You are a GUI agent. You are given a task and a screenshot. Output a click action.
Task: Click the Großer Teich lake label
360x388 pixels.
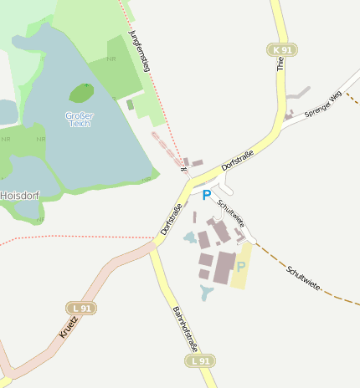coord(80,119)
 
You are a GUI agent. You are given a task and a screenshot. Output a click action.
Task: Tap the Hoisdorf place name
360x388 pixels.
coord(20,195)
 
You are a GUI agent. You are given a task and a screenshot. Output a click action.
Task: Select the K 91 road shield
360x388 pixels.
coord(283,50)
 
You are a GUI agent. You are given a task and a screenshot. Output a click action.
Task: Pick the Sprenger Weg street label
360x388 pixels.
coord(323,105)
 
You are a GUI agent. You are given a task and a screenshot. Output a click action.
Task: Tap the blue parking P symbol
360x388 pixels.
coord(207,196)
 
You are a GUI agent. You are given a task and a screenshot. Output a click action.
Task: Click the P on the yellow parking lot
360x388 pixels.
coord(241,267)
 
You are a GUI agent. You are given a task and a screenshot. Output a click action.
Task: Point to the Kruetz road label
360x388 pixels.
coord(69,324)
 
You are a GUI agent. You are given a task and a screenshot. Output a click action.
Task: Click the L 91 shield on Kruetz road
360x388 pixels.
coord(81,309)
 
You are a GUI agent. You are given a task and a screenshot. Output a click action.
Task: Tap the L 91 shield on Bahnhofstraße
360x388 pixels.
coord(200,360)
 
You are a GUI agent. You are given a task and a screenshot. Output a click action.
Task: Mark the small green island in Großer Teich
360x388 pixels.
coord(81,92)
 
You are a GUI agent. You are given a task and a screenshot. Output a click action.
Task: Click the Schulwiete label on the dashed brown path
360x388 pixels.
coord(302,278)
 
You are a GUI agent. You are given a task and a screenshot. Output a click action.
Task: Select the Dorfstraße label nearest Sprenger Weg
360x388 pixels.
coord(238,157)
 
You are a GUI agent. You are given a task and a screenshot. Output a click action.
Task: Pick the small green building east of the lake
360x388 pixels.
coord(130,105)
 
